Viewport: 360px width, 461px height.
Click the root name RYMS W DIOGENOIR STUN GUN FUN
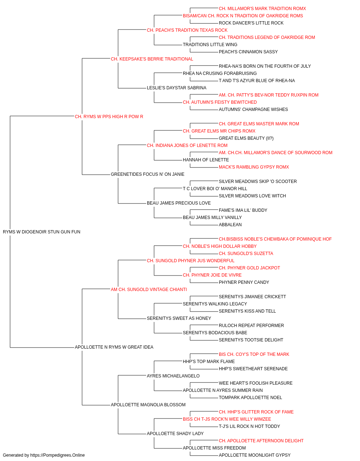pyautogui.click(x=41, y=232)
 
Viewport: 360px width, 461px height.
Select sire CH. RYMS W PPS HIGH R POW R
pyautogui.click(x=109, y=117)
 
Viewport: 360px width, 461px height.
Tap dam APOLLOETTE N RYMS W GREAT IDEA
pyautogui.click(x=114, y=347)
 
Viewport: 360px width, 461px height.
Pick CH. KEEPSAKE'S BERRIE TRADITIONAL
pyautogui.click(x=152, y=59)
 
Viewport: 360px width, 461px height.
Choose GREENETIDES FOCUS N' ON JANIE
pyautogui.click(x=148, y=174)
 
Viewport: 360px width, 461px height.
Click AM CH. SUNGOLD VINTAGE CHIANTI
pyautogui.click(x=149, y=290)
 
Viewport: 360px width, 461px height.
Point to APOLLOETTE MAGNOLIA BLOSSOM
pyautogui.click(x=148, y=405)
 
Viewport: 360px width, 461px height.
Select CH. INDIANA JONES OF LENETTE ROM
pyautogui.click(x=187, y=146)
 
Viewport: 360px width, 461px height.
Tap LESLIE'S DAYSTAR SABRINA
pyautogui.click(x=177, y=88)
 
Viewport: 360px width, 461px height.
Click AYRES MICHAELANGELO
pyautogui.click(x=173, y=376)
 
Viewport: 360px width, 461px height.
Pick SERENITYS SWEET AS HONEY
pyautogui.click(x=179, y=318)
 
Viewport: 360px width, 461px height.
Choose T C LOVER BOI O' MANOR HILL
pyautogui.click(x=215, y=189)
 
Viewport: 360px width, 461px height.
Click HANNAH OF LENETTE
pyautogui.click(x=206, y=160)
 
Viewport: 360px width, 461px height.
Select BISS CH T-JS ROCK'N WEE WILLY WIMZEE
pyautogui.click(x=227, y=419)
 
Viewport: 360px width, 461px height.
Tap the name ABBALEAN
pyautogui.click(x=230, y=225)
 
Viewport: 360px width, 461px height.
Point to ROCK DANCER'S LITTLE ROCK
pyautogui.click(x=251, y=23)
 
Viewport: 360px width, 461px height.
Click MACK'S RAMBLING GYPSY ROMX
pyautogui.click(x=254, y=167)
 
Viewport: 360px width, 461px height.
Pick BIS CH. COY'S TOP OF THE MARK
pyautogui.click(x=254, y=354)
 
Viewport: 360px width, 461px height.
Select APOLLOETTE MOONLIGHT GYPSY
pyautogui.click(x=255, y=455)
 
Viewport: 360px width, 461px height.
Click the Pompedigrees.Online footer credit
pyautogui.click(x=44, y=455)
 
